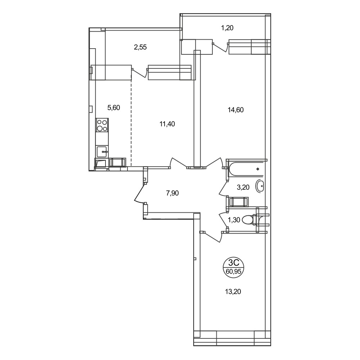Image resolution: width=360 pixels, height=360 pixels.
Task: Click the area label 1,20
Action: [227, 28]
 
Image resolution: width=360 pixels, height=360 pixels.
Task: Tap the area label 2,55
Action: [140, 47]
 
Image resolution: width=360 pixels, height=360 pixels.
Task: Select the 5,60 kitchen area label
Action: [114, 107]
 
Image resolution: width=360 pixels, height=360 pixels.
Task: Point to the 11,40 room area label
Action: [167, 124]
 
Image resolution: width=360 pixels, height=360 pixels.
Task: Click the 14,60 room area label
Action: [235, 110]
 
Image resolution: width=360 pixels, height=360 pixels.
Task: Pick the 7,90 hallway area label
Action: [172, 193]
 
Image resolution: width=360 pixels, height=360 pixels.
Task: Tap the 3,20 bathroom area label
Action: [243, 187]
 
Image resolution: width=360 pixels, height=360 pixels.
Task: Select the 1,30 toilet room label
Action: [234, 220]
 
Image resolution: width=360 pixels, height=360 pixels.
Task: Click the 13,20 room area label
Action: [233, 292]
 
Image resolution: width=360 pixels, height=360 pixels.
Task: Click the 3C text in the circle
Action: [234, 262]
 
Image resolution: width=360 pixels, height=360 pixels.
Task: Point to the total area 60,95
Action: [234, 271]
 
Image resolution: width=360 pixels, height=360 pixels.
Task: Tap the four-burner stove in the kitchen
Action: [102, 125]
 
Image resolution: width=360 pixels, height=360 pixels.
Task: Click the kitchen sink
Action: [102, 152]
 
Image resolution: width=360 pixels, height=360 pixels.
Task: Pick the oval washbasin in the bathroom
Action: [260, 186]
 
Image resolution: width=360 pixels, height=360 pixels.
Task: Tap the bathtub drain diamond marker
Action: [258, 169]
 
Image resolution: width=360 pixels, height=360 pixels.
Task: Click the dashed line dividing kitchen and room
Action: [131, 123]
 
